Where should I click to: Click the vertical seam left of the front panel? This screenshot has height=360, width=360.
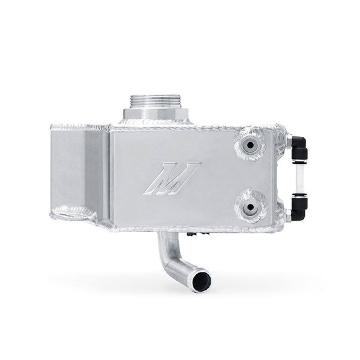[109, 175]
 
